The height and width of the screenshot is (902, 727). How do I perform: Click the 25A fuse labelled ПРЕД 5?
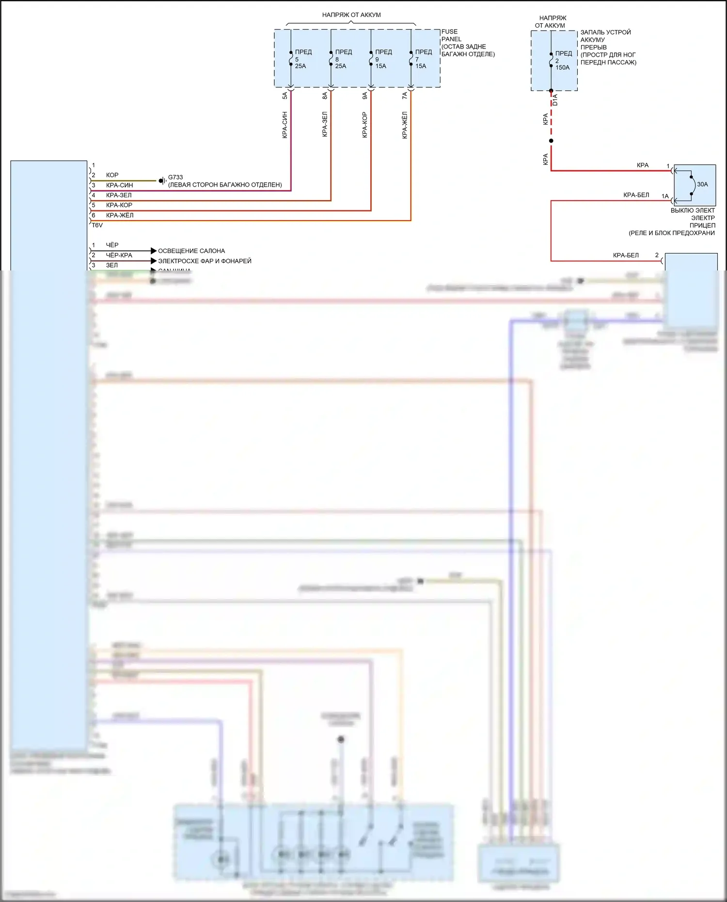point(291,59)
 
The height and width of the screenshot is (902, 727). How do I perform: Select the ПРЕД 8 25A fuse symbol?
point(331,59)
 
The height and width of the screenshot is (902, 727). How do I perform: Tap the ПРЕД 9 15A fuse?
point(371,59)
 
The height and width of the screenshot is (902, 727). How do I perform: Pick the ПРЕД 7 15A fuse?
point(411,59)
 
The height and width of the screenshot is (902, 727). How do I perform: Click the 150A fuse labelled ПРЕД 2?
point(551,60)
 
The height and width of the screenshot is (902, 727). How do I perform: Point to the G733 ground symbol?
point(162,181)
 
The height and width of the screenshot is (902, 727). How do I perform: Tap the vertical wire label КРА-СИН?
point(285,125)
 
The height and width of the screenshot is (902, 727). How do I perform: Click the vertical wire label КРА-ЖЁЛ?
point(405,125)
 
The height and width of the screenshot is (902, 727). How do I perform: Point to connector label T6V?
point(97,225)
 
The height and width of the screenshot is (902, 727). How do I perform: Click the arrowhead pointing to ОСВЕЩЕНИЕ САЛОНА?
point(154,251)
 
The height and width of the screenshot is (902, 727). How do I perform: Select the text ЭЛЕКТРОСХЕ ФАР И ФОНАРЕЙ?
point(205,261)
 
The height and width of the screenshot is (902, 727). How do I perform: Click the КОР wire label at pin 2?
point(112,175)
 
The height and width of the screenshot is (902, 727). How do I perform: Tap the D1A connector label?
point(555,100)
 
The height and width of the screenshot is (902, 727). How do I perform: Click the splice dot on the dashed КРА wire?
point(551,141)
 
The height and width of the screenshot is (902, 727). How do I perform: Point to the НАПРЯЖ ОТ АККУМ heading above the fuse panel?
point(351,15)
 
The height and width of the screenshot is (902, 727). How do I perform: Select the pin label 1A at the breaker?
point(665,196)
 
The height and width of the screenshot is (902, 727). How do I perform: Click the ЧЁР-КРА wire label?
point(119,255)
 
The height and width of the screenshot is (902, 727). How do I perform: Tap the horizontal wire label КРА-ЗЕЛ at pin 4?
point(119,195)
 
